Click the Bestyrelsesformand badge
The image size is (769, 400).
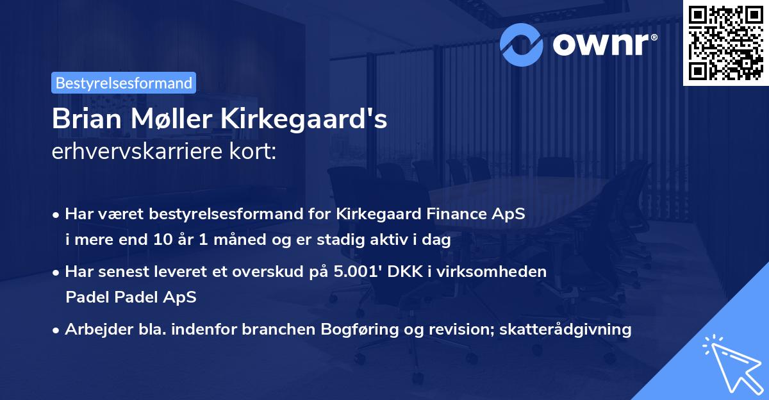coord(123,83)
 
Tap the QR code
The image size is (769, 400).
coord(725,42)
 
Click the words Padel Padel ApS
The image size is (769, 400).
coord(131,297)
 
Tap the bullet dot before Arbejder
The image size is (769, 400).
coord(57,330)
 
